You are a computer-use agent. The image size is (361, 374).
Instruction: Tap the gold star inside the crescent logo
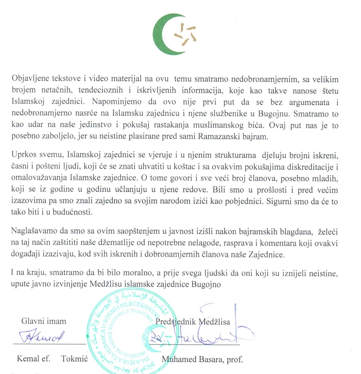click(187, 34)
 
